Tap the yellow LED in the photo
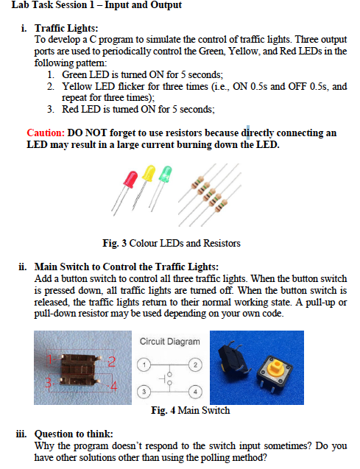149,175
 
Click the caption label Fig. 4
165,410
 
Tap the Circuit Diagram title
169,342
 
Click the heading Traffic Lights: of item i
62,28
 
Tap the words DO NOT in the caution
88,133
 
